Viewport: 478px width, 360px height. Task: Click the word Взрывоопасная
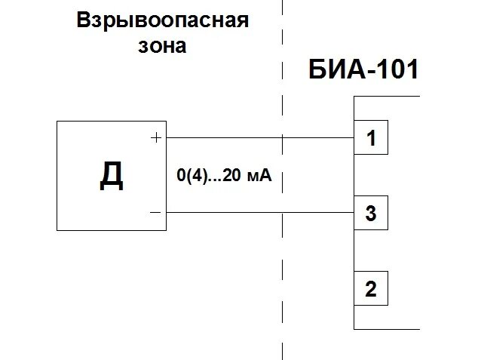[x=162, y=20]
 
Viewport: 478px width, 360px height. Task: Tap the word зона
[x=161, y=46]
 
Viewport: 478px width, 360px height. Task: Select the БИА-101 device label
[x=363, y=72]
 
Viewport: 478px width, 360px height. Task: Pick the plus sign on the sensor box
[x=156, y=138]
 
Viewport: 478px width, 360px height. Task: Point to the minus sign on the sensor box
[x=155, y=212]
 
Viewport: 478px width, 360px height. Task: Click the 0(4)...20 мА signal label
[x=222, y=177]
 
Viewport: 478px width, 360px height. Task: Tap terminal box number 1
[x=371, y=139]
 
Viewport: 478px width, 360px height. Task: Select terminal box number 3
[x=371, y=214]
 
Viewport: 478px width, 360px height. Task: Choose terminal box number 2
[x=371, y=289]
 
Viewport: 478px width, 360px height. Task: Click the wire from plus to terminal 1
[x=226, y=138]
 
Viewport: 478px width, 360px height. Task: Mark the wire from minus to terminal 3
[x=226, y=212]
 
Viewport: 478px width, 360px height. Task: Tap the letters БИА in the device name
[x=335, y=72]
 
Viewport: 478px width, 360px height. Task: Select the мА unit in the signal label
[x=258, y=177]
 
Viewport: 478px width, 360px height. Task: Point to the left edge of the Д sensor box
[x=57, y=175]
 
